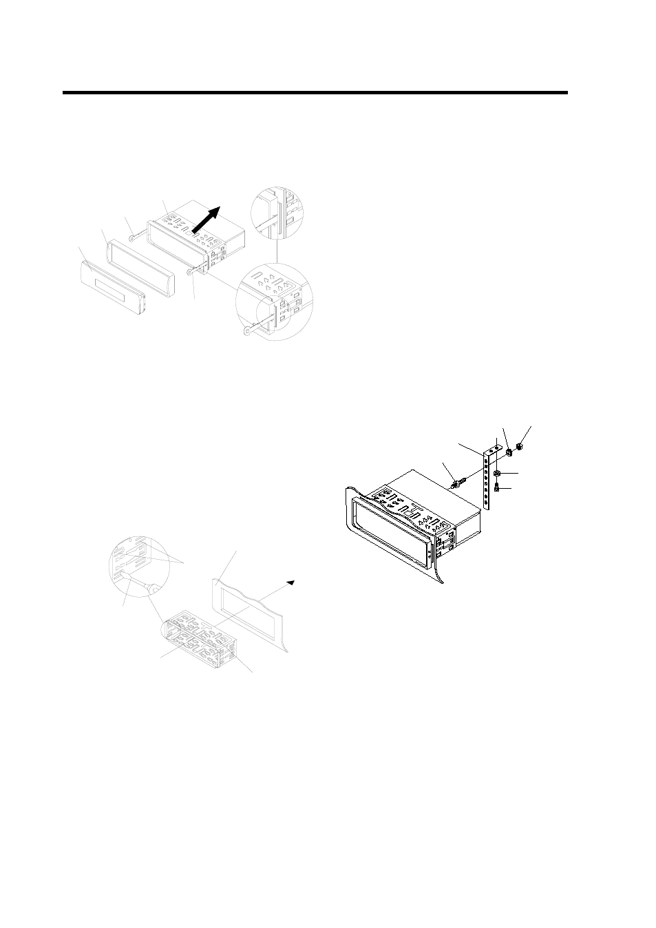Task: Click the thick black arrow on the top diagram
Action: click(x=207, y=221)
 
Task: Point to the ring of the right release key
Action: click(x=191, y=273)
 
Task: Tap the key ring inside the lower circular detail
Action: click(x=247, y=332)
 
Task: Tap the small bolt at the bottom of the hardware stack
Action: click(x=496, y=488)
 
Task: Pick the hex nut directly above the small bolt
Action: click(x=496, y=474)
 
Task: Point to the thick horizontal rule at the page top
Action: click(x=315, y=93)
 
